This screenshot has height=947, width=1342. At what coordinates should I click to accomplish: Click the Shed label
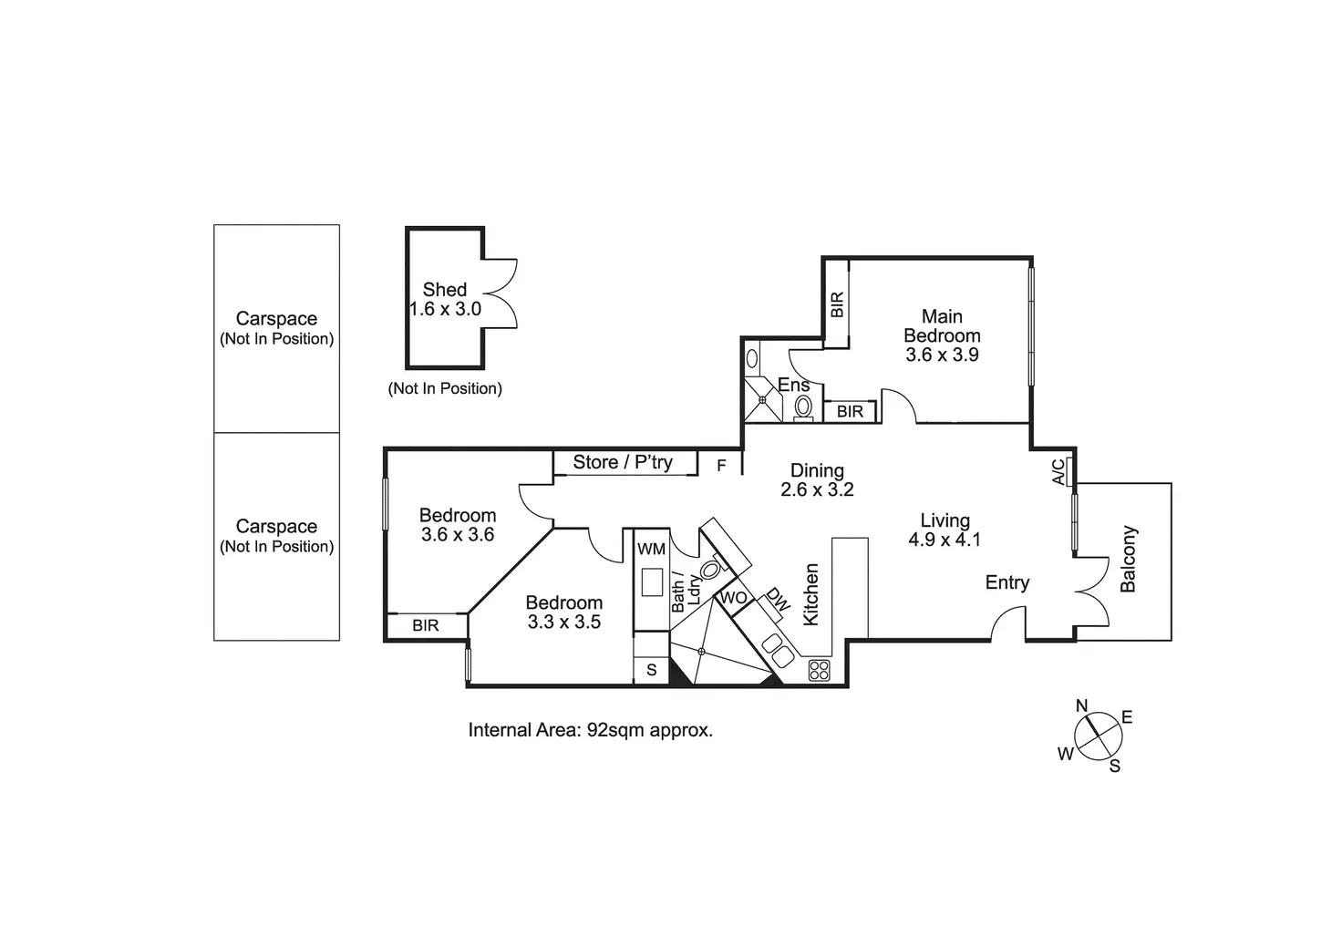[x=445, y=290]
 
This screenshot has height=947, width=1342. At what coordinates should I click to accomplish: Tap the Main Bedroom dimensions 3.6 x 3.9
[x=942, y=355]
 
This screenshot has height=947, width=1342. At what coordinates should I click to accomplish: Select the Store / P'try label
[x=623, y=462]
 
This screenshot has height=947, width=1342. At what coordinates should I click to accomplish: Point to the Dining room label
[x=817, y=470]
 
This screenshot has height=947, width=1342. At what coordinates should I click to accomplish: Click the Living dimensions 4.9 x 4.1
[x=945, y=540]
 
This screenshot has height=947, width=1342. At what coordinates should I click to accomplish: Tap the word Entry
[x=1007, y=582]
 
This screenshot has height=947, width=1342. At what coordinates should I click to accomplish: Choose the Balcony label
[x=1129, y=559]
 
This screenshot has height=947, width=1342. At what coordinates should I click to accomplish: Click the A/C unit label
[x=1058, y=471]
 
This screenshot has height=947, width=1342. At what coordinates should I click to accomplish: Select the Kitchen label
[x=810, y=594]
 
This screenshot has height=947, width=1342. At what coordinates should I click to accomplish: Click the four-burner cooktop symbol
[x=819, y=670]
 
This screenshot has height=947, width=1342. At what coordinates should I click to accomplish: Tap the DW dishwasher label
[x=778, y=599]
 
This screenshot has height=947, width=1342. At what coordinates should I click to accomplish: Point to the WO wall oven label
[x=734, y=599]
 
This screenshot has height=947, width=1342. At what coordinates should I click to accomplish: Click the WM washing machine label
[x=651, y=549]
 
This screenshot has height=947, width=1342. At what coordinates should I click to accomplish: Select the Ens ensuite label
[x=793, y=386]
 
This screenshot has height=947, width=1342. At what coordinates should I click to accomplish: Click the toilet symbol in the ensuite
[x=803, y=406]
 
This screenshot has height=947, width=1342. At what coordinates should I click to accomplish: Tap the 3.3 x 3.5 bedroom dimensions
[x=563, y=623]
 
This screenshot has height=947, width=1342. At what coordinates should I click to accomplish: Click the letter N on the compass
[x=1082, y=705]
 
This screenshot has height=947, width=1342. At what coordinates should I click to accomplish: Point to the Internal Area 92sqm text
[x=590, y=730]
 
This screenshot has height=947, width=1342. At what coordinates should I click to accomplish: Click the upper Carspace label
[x=276, y=319]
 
